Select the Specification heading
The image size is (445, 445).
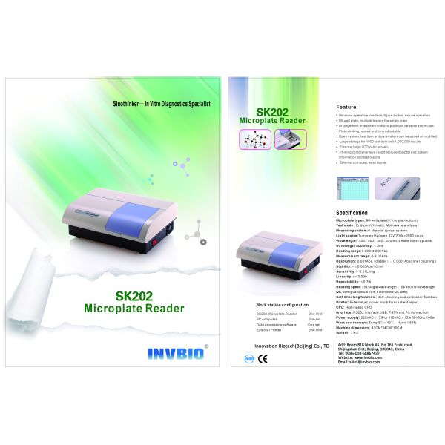pos(352,213)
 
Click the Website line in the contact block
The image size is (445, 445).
pos(356,357)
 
